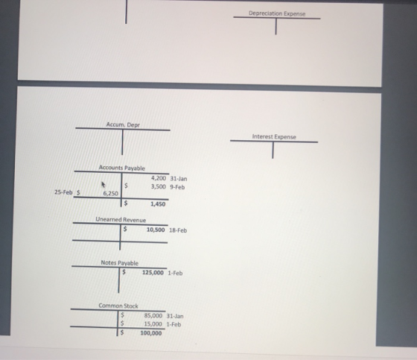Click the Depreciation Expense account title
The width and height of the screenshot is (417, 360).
(277, 13)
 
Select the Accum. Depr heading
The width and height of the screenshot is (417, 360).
(123, 124)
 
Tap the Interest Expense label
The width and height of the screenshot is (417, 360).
(274, 136)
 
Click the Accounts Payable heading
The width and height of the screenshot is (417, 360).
(122, 168)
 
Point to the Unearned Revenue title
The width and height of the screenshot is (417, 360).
(121, 220)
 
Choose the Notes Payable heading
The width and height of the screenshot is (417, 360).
(120, 263)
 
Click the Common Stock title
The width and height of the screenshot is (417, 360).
(118, 306)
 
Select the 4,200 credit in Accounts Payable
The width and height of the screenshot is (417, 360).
(159, 178)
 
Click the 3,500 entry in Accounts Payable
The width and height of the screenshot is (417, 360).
(159, 186)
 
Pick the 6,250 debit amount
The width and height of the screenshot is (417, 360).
(111, 193)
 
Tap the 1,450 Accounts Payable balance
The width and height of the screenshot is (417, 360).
(158, 204)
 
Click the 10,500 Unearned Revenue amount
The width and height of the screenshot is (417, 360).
(156, 230)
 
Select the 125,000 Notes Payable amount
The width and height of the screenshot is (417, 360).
(153, 272)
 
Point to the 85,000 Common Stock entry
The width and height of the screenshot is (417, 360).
(153, 315)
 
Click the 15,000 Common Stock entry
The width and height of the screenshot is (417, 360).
(153, 323)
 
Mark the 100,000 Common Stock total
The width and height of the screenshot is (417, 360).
(151, 333)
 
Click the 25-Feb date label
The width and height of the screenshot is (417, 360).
(63, 192)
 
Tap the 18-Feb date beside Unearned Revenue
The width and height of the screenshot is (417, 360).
(178, 230)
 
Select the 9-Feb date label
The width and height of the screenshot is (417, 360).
(177, 187)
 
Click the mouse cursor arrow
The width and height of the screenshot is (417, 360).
(104, 184)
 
